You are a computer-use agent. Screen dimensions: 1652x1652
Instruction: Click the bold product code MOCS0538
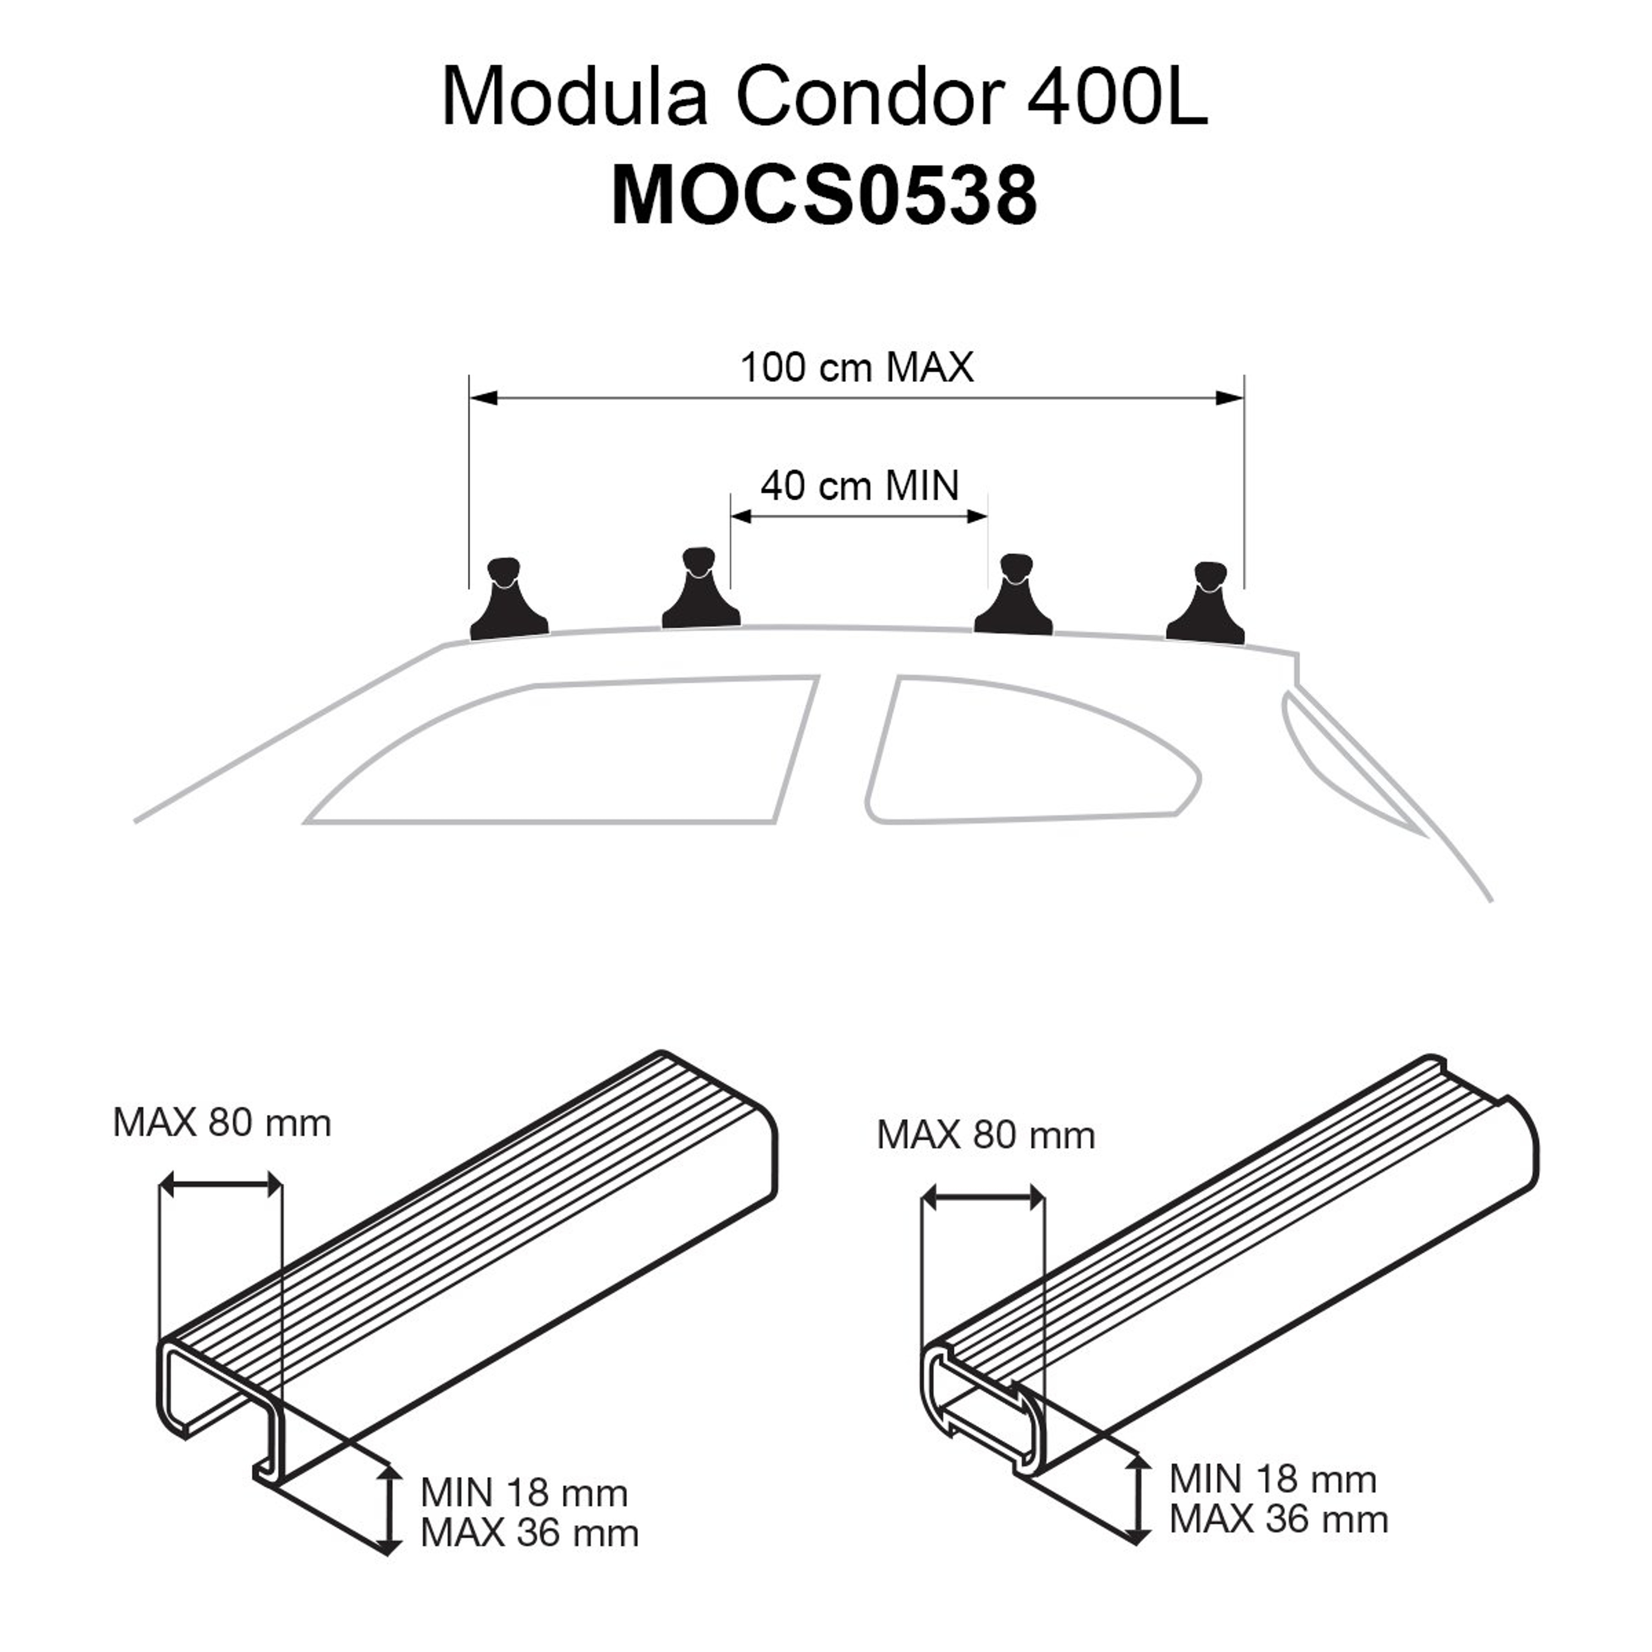pos(823,196)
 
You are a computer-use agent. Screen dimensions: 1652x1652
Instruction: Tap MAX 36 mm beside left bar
pos(529,1533)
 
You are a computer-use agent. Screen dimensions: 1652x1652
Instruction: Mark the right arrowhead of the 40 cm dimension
pos(977,516)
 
